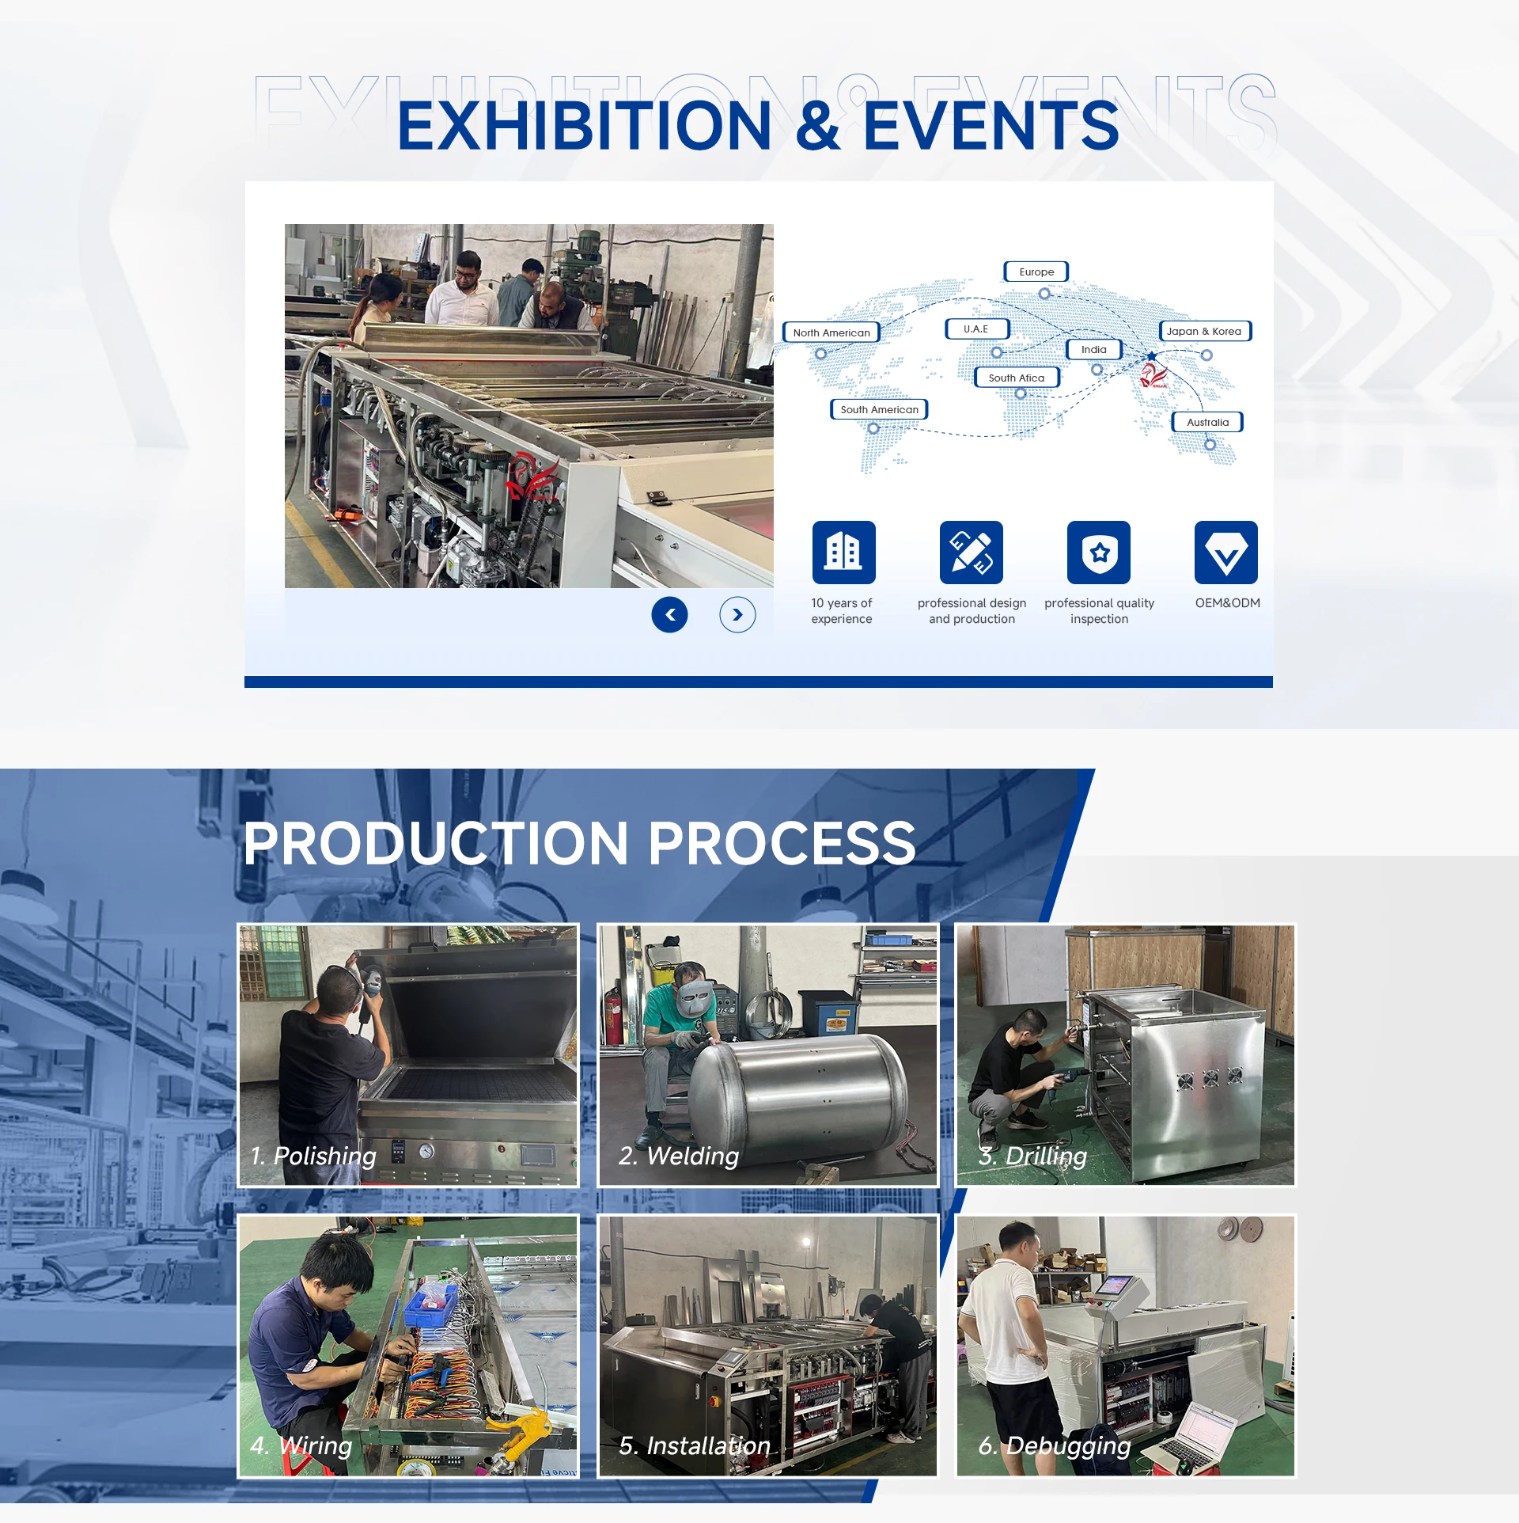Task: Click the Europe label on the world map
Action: pyautogui.click(x=1036, y=272)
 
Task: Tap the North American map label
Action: pyautogui.click(x=831, y=332)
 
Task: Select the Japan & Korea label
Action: pyautogui.click(x=1205, y=331)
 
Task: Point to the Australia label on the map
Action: pyautogui.click(x=1207, y=422)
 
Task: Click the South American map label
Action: pyautogui.click(x=879, y=409)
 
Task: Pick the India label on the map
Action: pyautogui.click(x=1094, y=349)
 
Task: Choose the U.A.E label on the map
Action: pyautogui.click(x=977, y=329)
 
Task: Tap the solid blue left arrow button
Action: pyautogui.click(x=669, y=614)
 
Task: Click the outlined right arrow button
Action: pyautogui.click(x=737, y=614)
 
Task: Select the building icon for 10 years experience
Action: pyautogui.click(x=843, y=552)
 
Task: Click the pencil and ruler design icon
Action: pyautogui.click(x=972, y=552)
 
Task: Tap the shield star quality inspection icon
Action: pyautogui.click(x=1099, y=552)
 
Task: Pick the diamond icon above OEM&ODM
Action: pyautogui.click(x=1226, y=552)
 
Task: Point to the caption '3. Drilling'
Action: pyautogui.click(x=1032, y=1156)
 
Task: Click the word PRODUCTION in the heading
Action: pyautogui.click(x=436, y=843)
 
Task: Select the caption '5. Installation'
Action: pyautogui.click(x=695, y=1446)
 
